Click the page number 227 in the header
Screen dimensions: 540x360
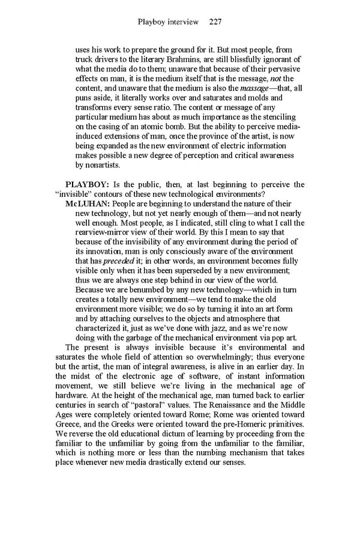(216, 22)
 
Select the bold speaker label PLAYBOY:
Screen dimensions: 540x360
(88, 184)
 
